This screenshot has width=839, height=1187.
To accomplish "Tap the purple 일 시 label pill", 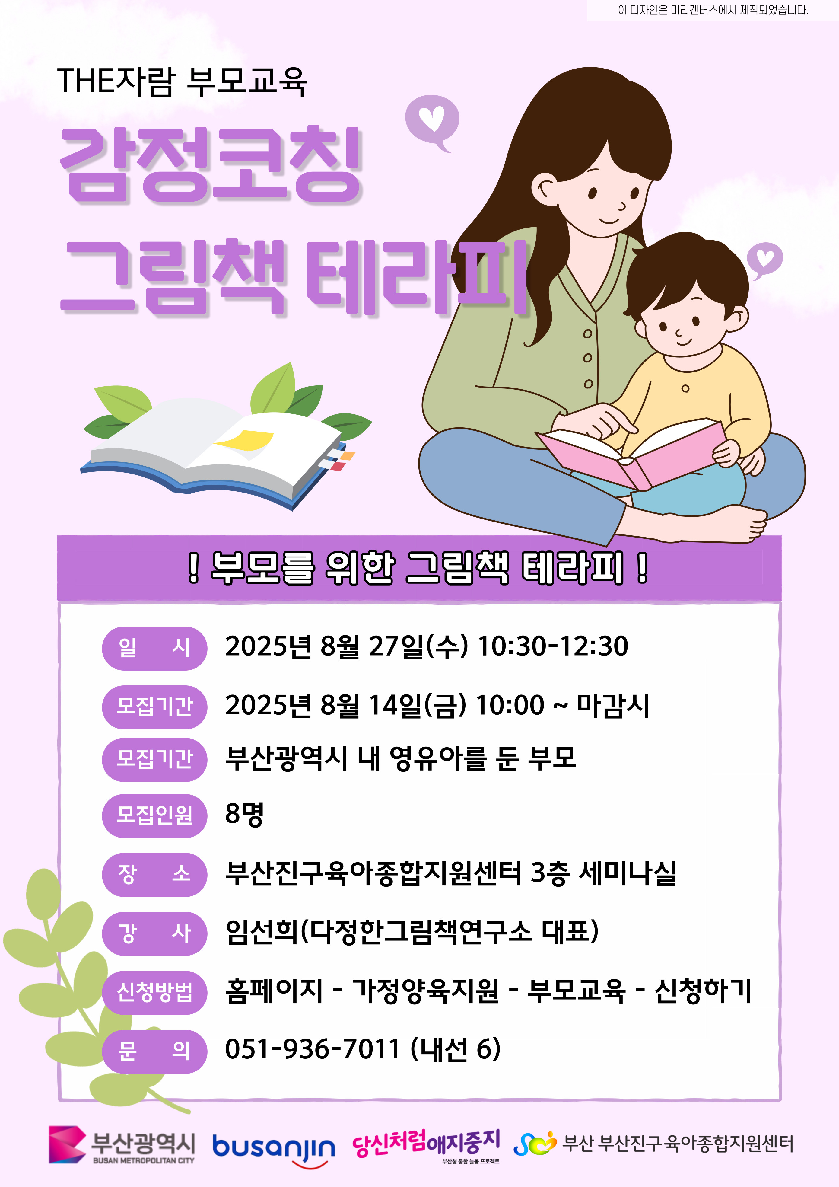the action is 154,647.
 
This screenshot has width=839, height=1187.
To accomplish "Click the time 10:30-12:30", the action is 553,646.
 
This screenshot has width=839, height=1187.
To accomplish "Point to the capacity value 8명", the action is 244,814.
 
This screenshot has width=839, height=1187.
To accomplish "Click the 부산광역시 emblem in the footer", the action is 67,1145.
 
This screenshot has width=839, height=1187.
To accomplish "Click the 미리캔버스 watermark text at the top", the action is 713,10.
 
